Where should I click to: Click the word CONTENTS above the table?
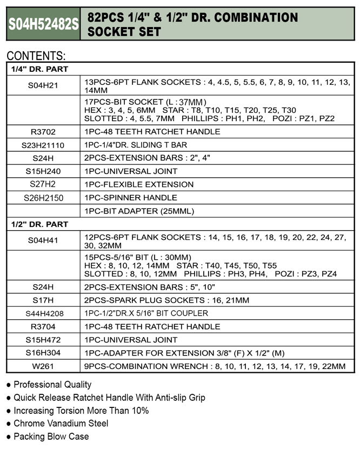[x=36, y=56]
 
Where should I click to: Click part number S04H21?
[x=43, y=84]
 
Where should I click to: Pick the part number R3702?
[x=43, y=131]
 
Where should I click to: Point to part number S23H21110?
[x=43, y=145]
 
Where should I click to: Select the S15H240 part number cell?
[x=43, y=171]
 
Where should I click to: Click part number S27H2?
[x=43, y=184]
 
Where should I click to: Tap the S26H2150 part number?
[x=43, y=198]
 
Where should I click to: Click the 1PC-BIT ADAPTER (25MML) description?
[x=139, y=211]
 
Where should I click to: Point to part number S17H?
[x=43, y=300]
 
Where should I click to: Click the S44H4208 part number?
[x=43, y=313]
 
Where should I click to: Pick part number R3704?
[x=43, y=326]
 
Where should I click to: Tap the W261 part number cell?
[x=43, y=366]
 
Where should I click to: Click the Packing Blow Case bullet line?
[x=51, y=436]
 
